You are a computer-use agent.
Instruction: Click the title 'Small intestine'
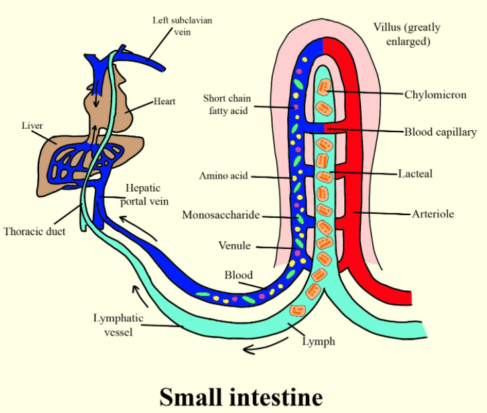(241, 396)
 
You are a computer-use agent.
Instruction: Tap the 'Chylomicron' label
(435, 94)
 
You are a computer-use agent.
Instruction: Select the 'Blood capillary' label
(441, 131)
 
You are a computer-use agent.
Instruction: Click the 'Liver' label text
(32, 125)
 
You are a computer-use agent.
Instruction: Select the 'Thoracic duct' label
(35, 232)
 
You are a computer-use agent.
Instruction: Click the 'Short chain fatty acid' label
(226, 104)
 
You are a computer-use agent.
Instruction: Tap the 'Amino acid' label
(224, 176)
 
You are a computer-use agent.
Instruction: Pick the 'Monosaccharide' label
(221, 215)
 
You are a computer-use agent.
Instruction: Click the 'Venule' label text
(235, 246)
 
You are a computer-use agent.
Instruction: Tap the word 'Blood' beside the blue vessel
(239, 275)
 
